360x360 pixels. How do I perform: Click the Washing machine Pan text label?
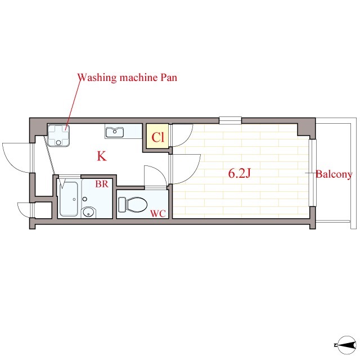pos(127,78)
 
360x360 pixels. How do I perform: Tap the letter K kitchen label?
pos(102,156)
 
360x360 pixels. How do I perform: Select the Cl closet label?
pos(157,137)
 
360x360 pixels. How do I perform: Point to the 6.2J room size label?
pos(239,174)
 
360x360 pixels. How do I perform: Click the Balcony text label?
pos(334,174)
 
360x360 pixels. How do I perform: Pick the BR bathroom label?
pos(102,184)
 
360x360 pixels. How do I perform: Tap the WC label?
pos(157,214)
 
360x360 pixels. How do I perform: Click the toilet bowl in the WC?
pos(137,204)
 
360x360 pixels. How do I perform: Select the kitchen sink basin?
pos(115,132)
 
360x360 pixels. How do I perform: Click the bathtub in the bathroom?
pos(69,199)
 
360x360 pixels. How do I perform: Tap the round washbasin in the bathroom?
pos(89,212)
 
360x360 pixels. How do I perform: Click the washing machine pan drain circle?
pos(58,142)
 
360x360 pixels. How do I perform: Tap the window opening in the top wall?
pos(230,120)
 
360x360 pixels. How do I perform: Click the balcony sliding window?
pos(312,173)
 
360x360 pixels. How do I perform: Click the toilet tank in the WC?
pos(122,204)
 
